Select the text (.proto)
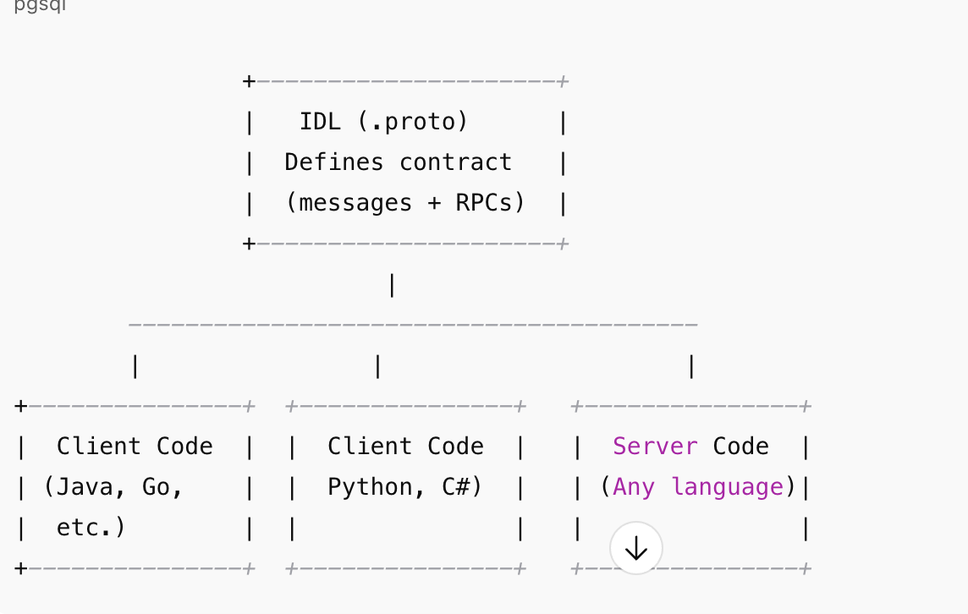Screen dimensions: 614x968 412,122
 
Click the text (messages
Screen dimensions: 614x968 349,203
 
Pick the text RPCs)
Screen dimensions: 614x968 490,203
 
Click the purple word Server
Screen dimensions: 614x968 655,447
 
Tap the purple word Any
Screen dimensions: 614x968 634,487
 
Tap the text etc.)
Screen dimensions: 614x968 91,528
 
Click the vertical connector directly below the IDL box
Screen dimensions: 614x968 392,285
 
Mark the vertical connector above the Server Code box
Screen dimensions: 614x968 691,366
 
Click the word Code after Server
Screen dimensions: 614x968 740,447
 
